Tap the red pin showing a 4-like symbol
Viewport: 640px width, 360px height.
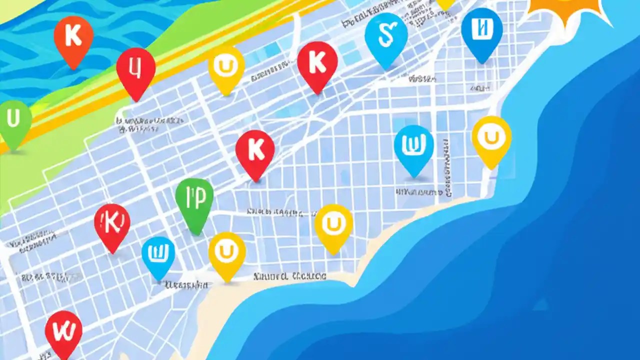click(x=135, y=69)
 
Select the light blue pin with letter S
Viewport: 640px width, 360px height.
click(x=386, y=36)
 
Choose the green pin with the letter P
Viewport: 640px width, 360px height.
click(x=194, y=201)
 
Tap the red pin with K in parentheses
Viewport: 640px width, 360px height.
click(x=112, y=224)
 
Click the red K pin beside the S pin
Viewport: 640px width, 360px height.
click(x=317, y=63)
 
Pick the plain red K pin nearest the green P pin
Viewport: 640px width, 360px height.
click(x=255, y=151)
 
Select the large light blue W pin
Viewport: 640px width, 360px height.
click(x=413, y=147)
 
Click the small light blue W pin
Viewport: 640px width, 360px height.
click(x=158, y=255)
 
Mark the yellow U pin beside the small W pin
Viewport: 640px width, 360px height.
click(x=227, y=253)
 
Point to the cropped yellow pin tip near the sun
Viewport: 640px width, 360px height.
click(x=445, y=4)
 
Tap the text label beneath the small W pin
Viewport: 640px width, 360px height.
click(x=186, y=285)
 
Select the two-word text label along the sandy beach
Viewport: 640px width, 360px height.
click(x=290, y=275)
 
